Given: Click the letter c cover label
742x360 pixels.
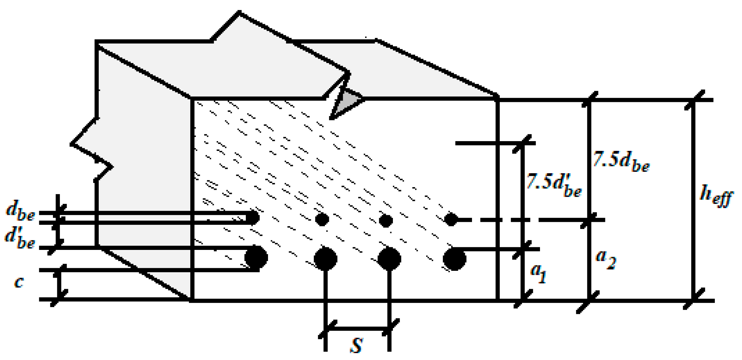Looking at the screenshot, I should click(x=19, y=282).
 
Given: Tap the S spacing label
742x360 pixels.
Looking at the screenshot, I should click(x=356, y=345).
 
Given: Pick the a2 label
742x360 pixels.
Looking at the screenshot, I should click(x=606, y=259).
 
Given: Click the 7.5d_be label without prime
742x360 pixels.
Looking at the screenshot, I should click(x=621, y=161).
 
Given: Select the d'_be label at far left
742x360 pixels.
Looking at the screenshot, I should click(x=20, y=238).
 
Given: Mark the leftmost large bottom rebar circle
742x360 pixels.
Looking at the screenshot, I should click(x=256, y=257).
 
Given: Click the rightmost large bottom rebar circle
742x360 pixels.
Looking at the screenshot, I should click(x=454, y=259).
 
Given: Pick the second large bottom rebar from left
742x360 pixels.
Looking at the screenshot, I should click(x=325, y=258).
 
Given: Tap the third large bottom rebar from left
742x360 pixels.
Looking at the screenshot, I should click(x=389, y=258).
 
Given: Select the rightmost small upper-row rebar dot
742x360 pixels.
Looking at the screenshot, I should click(x=451, y=219).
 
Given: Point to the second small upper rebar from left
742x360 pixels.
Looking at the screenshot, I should click(x=322, y=219).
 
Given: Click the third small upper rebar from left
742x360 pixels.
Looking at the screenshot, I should click(x=386, y=221).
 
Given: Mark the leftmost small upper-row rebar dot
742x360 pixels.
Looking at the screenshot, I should click(x=253, y=218).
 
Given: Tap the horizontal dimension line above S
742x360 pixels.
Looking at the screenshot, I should click(x=357, y=329).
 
